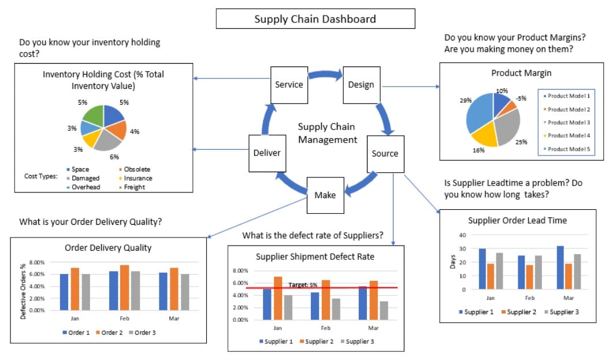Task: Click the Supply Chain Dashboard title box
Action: pyautogui.click(x=315, y=19)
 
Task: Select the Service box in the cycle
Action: pyautogui.click(x=289, y=84)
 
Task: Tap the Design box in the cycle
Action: pyautogui.click(x=361, y=84)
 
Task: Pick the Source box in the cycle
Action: pyautogui.click(x=385, y=153)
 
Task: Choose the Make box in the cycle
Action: pyautogui.click(x=325, y=195)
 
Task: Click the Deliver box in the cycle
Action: pyautogui.click(x=266, y=153)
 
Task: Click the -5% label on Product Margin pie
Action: pyautogui.click(x=521, y=98)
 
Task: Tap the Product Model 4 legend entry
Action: pyautogui.click(x=569, y=135)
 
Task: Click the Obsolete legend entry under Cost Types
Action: pyautogui.click(x=137, y=169)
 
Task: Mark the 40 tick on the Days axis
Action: pyautogui.click(x=462, y=235)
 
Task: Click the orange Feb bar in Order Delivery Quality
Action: pyautogui.click(x=125, y=287)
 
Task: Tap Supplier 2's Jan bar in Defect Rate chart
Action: pyautogui.click(x=277, y=298)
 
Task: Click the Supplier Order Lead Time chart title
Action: pyautogui.click(x=517, y=220)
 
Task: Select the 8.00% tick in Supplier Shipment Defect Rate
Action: pyautogui.click(x=240, y=270)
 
